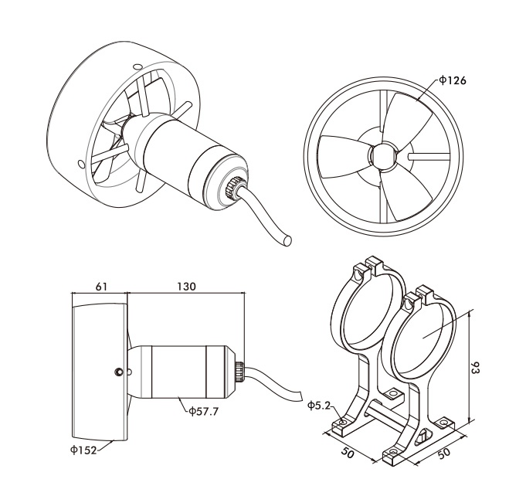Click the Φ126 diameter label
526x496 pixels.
[452, 80]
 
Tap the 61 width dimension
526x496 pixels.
[100, 286]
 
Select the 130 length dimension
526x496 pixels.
[186, 286]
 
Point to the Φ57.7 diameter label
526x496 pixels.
[203, 411]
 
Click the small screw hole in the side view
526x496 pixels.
[118, 372]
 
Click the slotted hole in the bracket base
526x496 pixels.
[424, 438]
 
